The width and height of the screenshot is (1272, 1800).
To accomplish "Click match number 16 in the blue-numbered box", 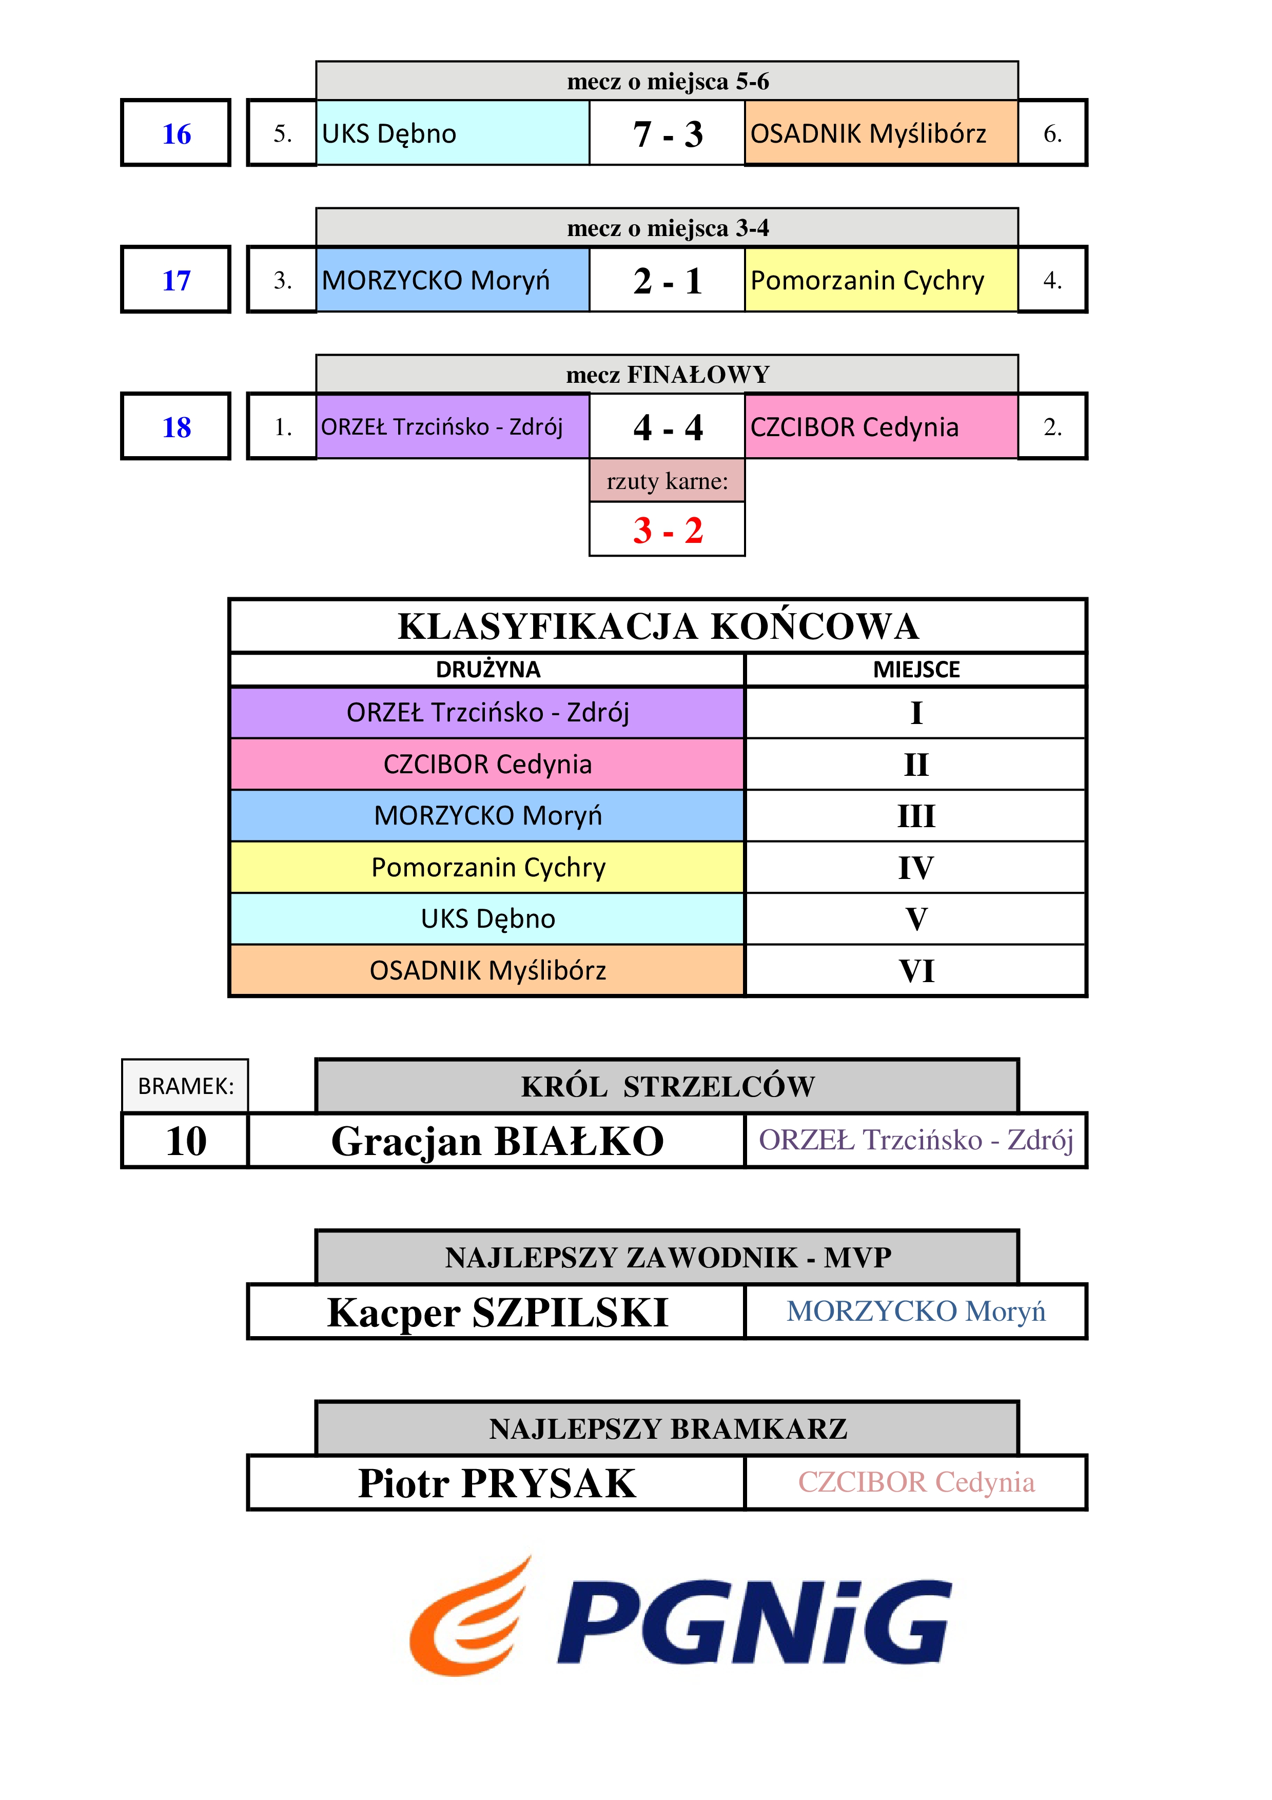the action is (x=177, y=134).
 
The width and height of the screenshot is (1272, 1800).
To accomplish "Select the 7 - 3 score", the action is (x=668, y=134).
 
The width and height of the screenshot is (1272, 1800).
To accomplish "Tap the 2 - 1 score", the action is (x=668, y=281).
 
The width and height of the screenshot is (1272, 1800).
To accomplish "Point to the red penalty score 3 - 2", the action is (x=668, y=530).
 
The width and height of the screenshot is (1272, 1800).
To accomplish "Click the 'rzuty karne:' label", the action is (x=667, y=481).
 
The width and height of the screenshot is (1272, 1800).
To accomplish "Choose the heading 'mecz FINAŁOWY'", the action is (x=668, y=375).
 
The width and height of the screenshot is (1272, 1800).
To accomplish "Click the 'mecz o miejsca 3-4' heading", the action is (x=668, y=228).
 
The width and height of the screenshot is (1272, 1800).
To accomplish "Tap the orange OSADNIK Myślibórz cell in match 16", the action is (x=881, y=133).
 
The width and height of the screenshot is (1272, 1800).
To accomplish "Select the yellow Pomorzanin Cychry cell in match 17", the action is (x=881, y=280).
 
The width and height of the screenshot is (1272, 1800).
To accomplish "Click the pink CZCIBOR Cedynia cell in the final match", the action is (x=881, y=426).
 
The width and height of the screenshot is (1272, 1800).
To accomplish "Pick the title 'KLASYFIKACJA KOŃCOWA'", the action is (x=658, y=627).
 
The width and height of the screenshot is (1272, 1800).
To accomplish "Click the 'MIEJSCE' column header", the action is (x=916, y=670).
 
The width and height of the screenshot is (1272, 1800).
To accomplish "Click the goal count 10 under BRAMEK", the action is (x=186, y=1141).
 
